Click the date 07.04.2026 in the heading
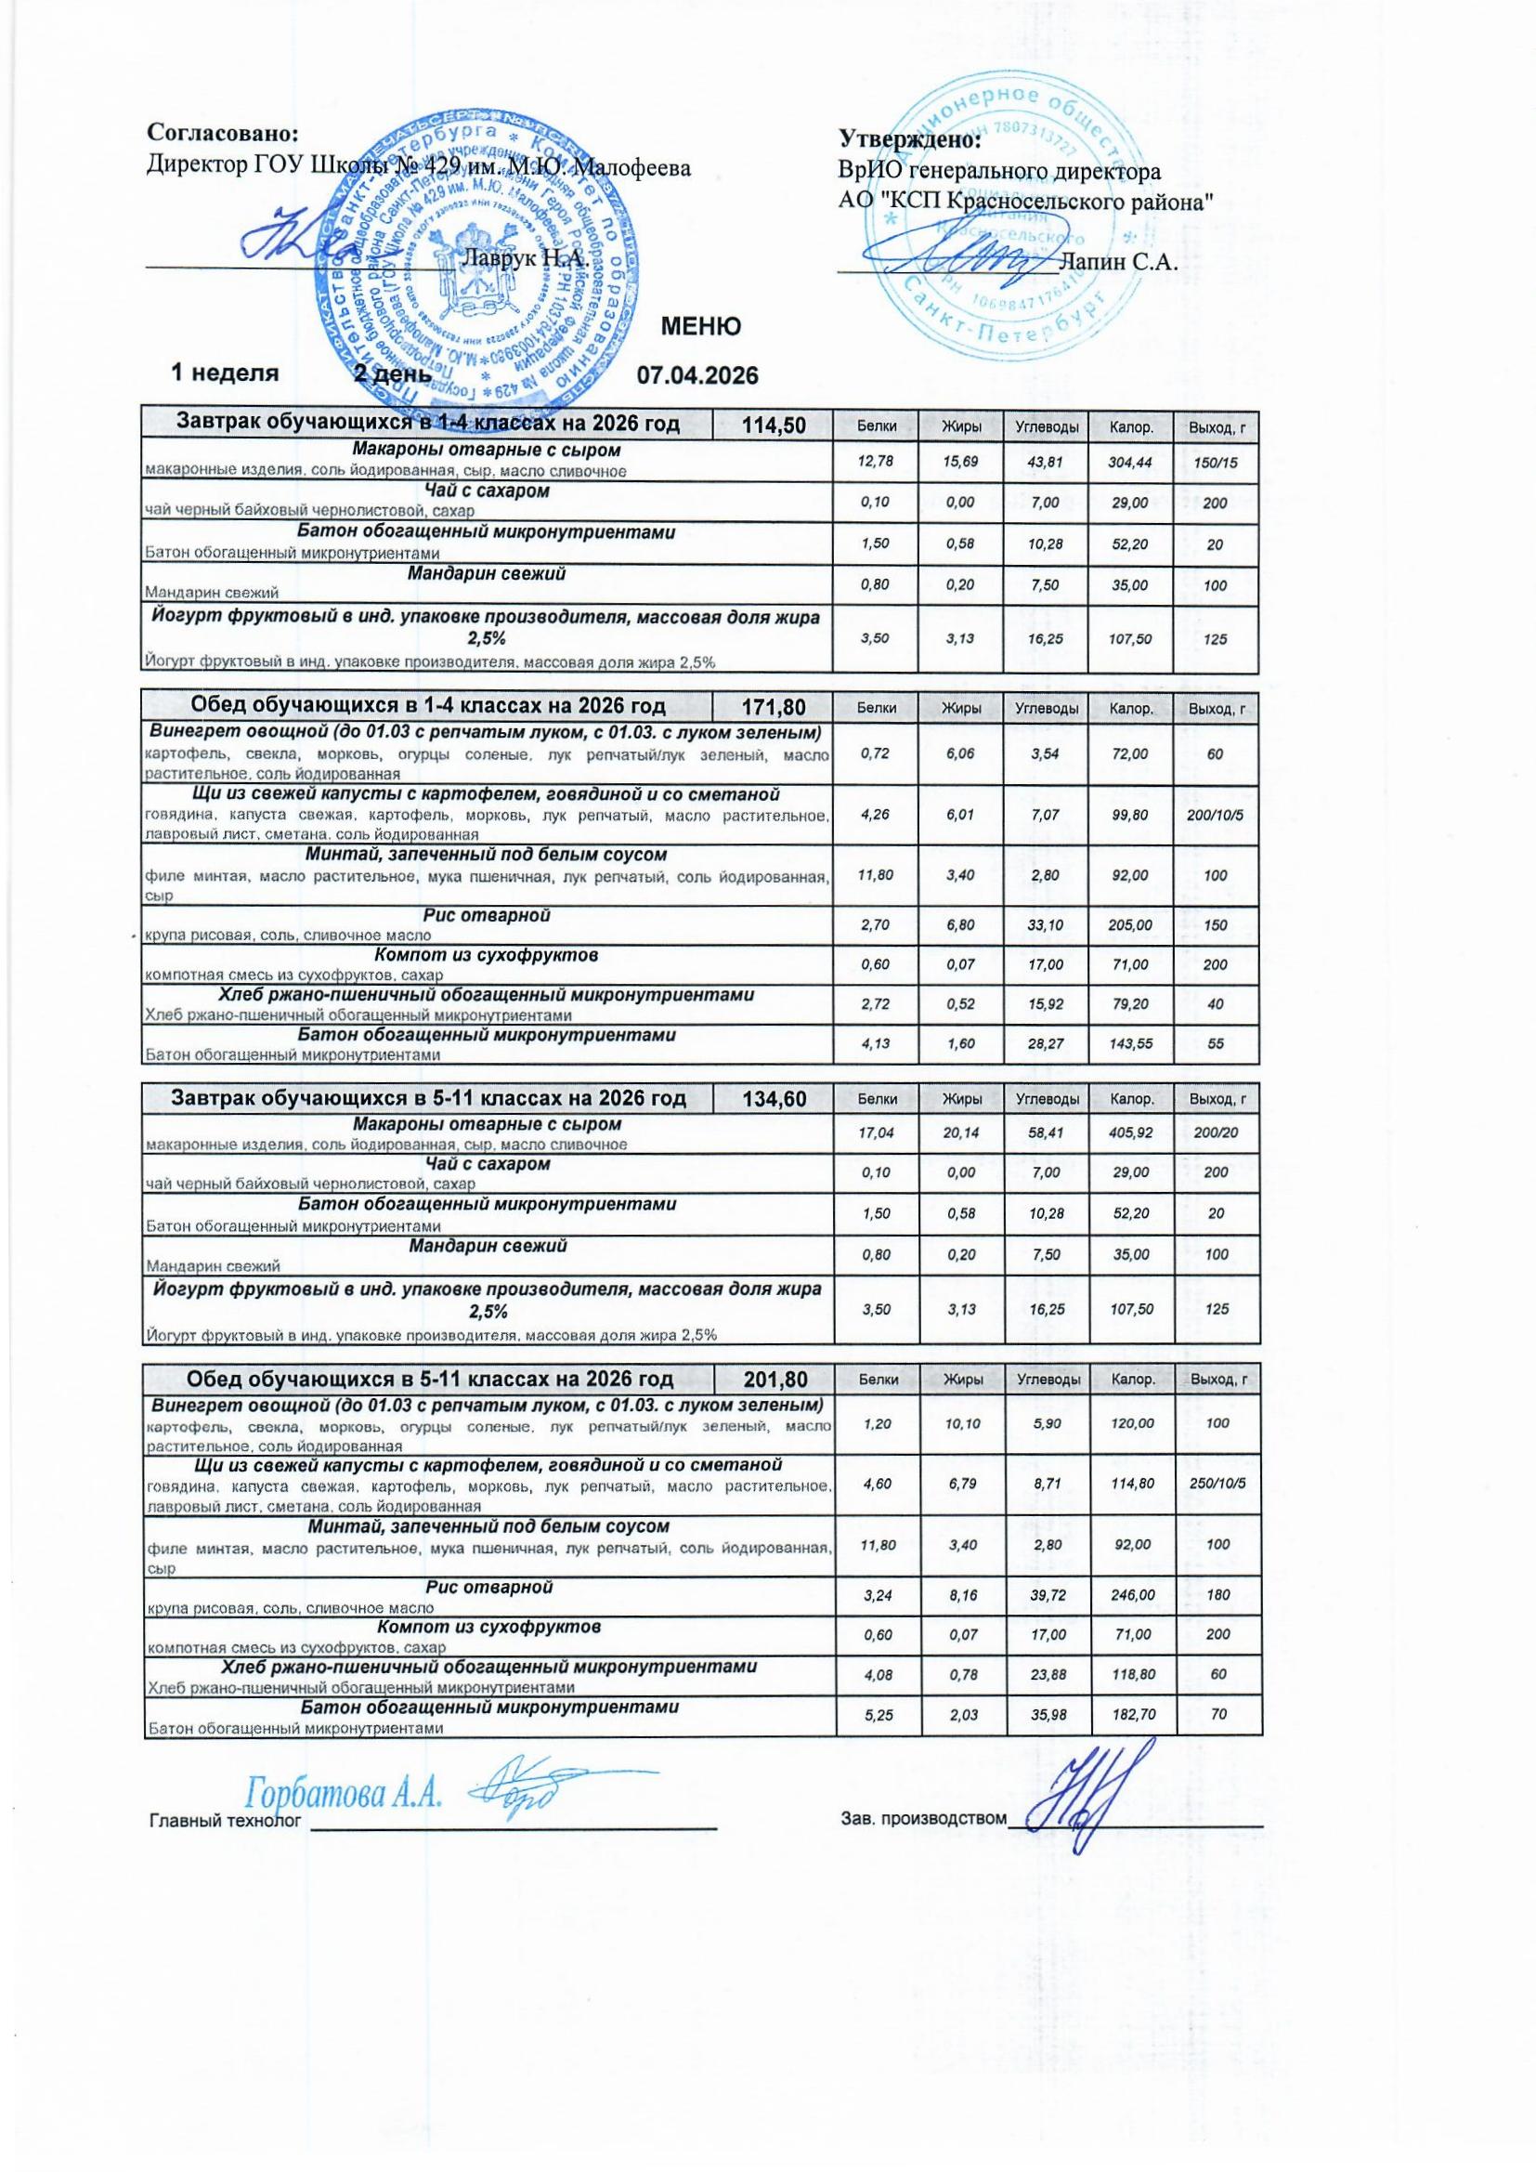click(697, 375)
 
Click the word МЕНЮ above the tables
click(700, 327)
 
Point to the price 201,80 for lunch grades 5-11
click(772, 1380)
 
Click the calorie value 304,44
click(1130, 463)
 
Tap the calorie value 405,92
click(1131, 1132)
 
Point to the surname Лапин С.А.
click(1119, 262)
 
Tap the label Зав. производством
click(923, 1817)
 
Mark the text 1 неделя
click(224, 373)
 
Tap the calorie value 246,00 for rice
click(1132, 1595)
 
